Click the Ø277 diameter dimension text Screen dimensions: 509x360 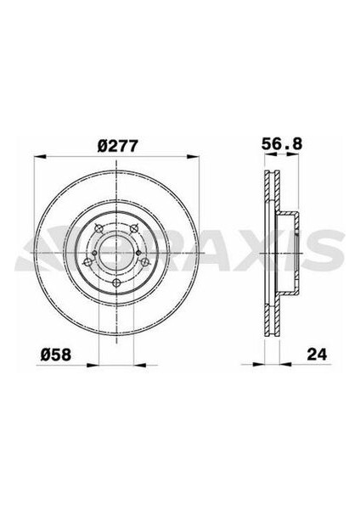tap(116, 145)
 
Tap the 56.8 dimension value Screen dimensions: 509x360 tap(279, 145)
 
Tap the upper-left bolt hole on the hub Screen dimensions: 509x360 tap(98, 228)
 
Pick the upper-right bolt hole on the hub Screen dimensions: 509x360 tap(135, 228)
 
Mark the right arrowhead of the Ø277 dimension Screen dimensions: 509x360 tap(197, 158)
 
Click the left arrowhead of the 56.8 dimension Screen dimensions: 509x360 tap(262, 158)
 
